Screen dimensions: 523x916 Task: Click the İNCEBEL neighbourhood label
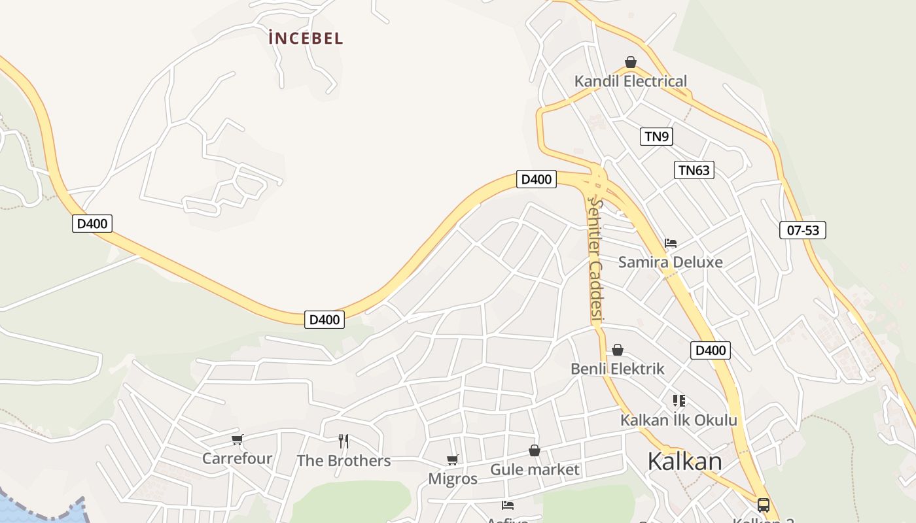(x=306, y=38)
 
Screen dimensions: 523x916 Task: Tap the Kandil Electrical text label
(x=631, y=81)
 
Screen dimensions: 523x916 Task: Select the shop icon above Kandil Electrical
(x=631, y=63)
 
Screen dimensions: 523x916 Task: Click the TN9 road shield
(x=656, y=136)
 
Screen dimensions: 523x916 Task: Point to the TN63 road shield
(x=694, y=170)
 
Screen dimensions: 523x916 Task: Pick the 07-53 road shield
(x=803, y=230)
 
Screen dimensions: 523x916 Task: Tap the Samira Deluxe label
(x=671, y=262)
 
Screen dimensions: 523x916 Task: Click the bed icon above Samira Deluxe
(x=671, y=243)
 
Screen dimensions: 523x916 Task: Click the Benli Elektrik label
(x=618, y=369)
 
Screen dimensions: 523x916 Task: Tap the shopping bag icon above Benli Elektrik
(x=618, y=350)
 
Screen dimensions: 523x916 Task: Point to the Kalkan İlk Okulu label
(x=678, y=420)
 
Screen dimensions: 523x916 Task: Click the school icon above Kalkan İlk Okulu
(x=678, y=400)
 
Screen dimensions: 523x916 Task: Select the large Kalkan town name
(x=685, y=462)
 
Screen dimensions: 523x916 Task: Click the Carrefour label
(x=237, y=458)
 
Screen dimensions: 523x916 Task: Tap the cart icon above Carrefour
(x=238, y=439)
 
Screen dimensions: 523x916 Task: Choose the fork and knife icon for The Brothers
(x=343, y=441)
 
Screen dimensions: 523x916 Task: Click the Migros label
(x=453, y=479)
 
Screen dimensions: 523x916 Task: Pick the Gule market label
(x=535, y=469)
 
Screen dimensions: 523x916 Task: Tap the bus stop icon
(x=763, y=505)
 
